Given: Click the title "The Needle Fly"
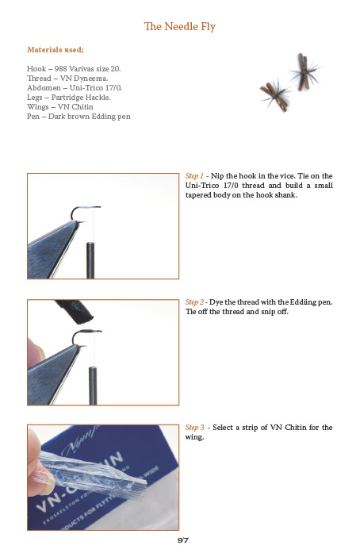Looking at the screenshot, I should [180, 27].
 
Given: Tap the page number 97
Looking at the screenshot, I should [182, 540].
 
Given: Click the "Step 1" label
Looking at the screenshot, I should [195, 175].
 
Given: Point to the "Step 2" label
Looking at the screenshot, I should [195, 302].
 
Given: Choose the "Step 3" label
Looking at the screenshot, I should [195, 428].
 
